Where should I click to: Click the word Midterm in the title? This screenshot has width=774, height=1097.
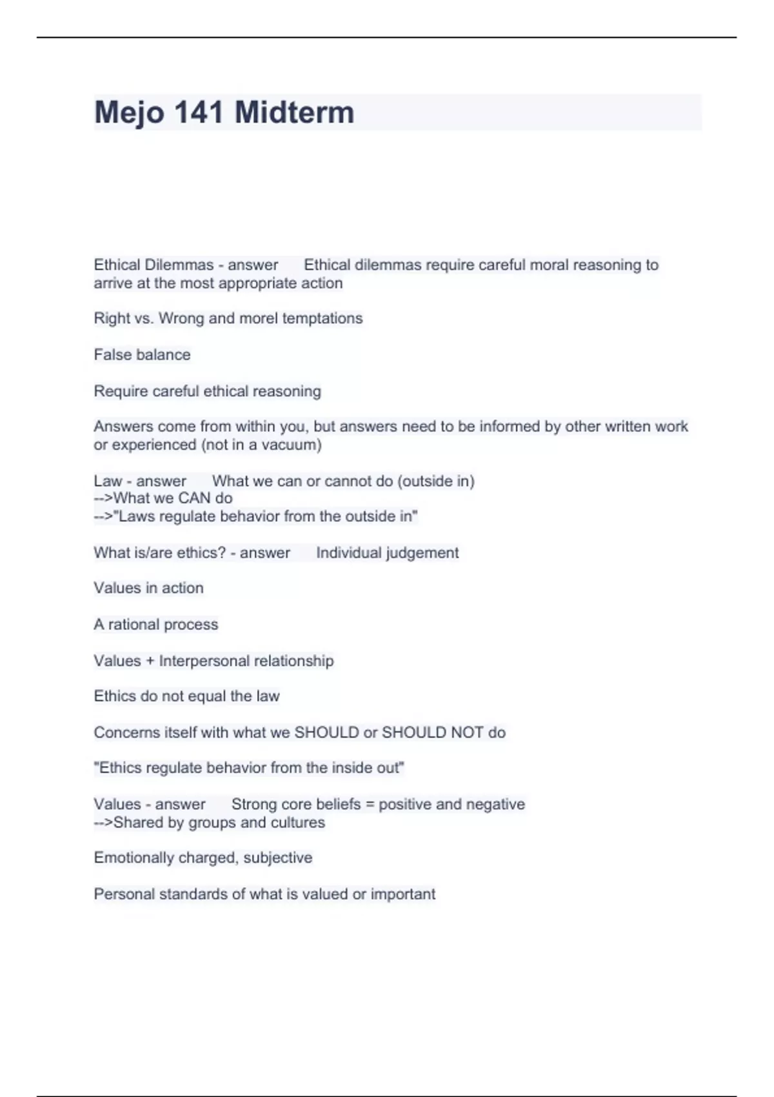tap(294, 112)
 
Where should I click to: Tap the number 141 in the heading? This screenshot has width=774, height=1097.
tap(199, 112)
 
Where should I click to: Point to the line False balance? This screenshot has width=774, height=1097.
tap(142, 355)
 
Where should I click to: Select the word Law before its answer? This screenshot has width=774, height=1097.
tap(107, 481)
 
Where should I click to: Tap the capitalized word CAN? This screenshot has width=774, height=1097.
tap(195, 498)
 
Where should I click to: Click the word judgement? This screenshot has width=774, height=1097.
tap(420, 553)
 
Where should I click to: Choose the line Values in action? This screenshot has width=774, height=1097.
tap(148, 588)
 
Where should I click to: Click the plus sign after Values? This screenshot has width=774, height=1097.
tap(150, 661)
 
